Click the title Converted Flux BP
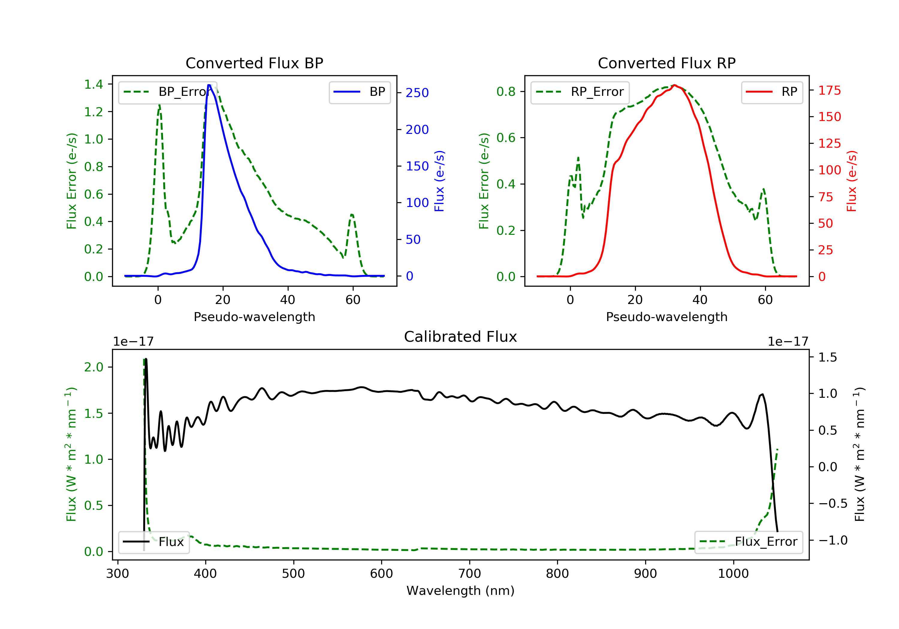[254, 63]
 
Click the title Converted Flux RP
[666, 63]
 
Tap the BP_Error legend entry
[167, 92]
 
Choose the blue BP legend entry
[359, 92]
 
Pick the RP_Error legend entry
[580, 92]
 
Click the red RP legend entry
[772, 92]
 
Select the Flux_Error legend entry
[748, 542]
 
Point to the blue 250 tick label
[417, 93]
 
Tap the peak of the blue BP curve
[209, 85]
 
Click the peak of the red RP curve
[675, 85]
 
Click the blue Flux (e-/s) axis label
[439, 181]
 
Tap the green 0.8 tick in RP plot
[506, 92]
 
